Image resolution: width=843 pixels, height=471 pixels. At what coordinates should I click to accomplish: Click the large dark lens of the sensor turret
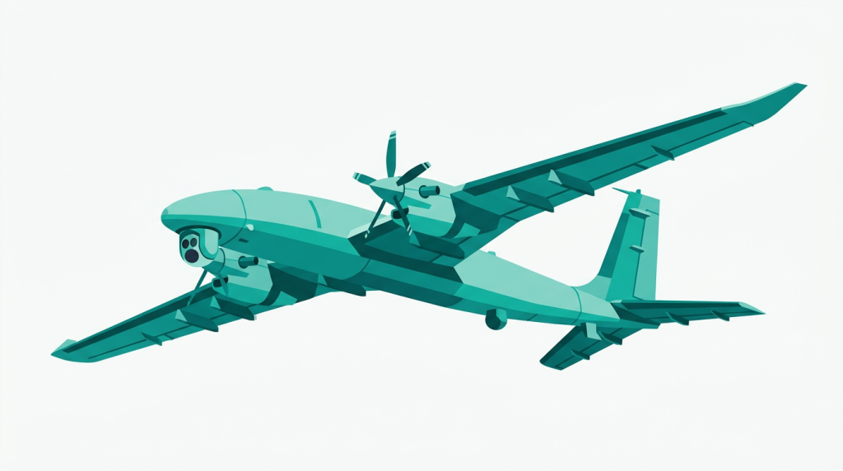(191, 255)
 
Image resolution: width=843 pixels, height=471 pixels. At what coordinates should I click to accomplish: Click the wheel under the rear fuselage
(496, 319)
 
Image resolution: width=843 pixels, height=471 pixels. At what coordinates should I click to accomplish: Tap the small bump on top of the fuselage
(264, 189)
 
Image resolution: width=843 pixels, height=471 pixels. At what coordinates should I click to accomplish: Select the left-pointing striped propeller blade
(364, 178)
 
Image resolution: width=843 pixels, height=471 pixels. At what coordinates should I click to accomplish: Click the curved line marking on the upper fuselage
(317, 215)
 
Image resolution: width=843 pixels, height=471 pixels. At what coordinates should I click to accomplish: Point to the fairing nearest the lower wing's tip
(152, 338)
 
